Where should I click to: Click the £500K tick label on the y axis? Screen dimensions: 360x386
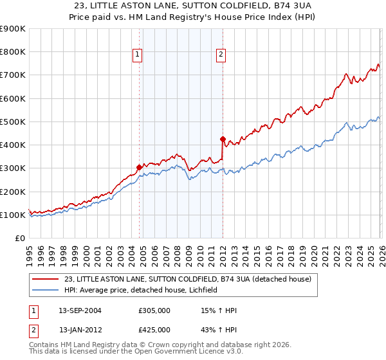[12, 122]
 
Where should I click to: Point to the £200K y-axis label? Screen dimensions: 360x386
[12, 192]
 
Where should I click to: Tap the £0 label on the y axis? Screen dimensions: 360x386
[19, 238]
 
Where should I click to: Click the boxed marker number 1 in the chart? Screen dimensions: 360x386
[138, 55]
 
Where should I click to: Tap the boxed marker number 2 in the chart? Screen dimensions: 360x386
[220, 55]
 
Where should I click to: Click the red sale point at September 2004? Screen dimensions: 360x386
[139, 167]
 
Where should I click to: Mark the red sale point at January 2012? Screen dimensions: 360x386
[223, 139]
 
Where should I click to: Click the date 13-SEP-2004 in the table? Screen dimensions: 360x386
[80, 310]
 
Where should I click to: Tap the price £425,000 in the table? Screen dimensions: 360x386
[154, 330]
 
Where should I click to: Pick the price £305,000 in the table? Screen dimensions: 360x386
[154, 310]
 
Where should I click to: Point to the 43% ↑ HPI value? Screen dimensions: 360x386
[219, 330]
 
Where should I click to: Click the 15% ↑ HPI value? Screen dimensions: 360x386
[219, 310]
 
